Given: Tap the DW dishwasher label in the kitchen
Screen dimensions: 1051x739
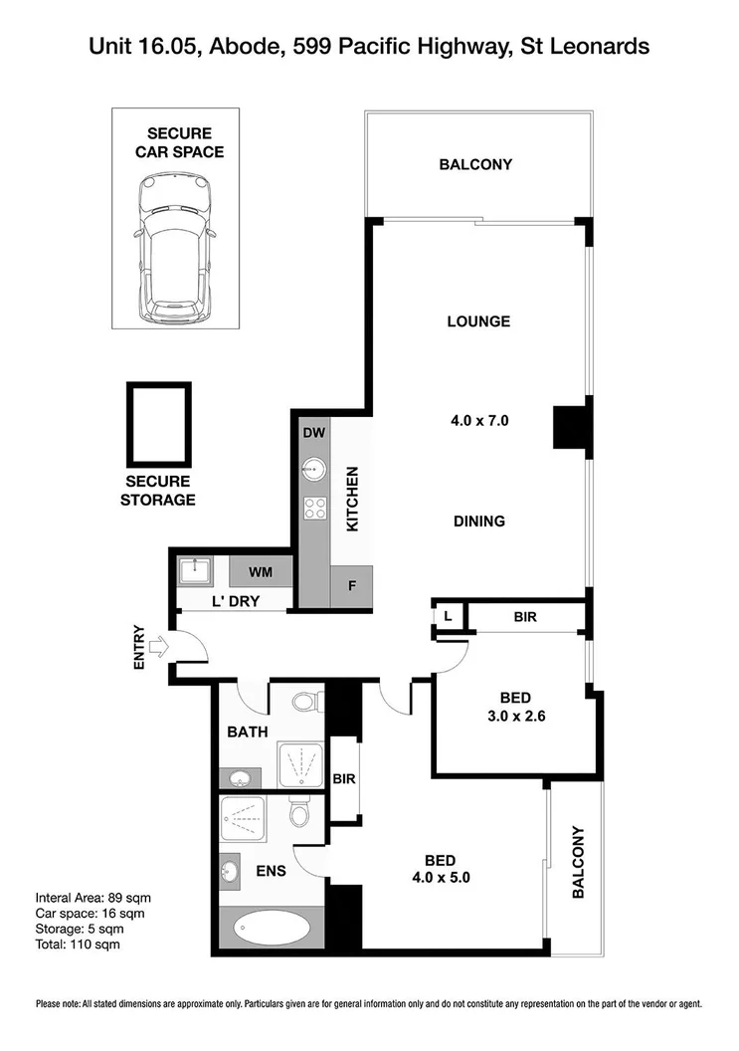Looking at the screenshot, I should tap(314, 433).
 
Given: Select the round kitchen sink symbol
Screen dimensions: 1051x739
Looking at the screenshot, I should tap(314, 468).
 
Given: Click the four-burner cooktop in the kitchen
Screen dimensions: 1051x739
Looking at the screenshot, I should tap(314, 508).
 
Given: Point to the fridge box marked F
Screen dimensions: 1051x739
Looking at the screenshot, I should tap(350, 586).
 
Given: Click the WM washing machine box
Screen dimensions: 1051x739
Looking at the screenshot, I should tap(261, 572).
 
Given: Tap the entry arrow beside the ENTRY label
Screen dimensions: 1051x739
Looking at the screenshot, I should tap(159, 648).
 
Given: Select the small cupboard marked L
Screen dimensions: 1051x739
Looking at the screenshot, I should tap(448, 617).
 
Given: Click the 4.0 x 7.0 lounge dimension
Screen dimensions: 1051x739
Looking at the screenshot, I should tap(479, 421).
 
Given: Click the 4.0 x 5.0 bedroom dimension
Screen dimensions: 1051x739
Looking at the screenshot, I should tap(441, 878).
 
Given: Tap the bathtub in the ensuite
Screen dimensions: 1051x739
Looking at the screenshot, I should tap(272, 931).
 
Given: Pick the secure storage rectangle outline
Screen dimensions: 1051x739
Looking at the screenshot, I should tap(158, 424).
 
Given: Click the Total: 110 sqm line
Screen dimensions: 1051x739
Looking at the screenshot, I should tap(77, 944).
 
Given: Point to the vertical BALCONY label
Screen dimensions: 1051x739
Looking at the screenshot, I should tap(578, 863).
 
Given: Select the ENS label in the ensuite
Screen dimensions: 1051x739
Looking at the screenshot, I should tap(271, 871).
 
